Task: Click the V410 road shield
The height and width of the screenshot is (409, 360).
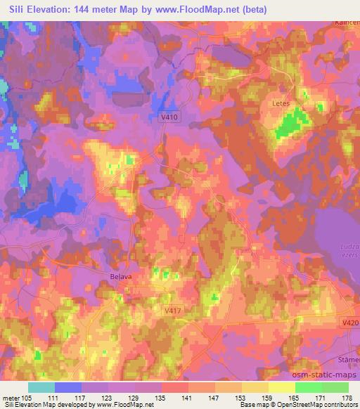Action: tap(169, 119)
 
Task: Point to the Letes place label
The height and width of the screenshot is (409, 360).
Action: tap(281, 103)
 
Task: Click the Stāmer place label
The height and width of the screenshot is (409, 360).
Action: tap(349, 357)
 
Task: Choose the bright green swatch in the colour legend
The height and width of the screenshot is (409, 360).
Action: tap(308, 387)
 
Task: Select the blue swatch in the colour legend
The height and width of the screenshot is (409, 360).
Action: tap(68, 387)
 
